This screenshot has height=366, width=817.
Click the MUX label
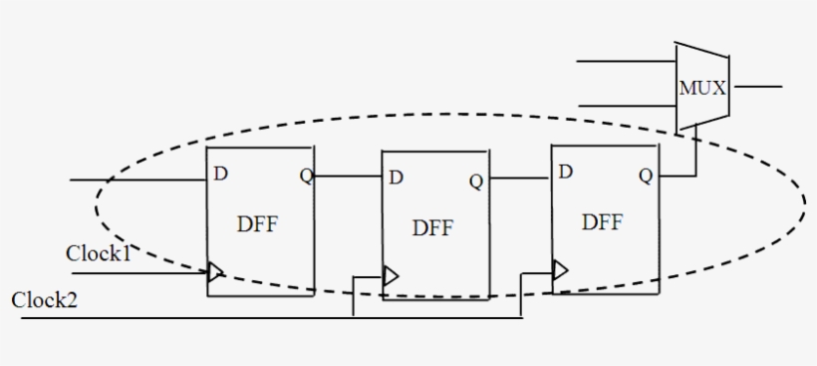coord(703,88)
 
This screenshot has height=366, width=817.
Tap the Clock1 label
coord(99,253)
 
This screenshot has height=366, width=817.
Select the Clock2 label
coord(44,300)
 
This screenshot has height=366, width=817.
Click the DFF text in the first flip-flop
coord(257,223)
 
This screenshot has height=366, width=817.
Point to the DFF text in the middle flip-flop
coord(432,228)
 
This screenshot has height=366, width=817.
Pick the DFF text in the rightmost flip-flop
coord(603,221)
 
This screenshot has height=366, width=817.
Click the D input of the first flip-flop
coord(221,174)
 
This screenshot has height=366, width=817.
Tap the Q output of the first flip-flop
coord(306,177)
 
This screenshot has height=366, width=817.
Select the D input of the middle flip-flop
coord(397,178)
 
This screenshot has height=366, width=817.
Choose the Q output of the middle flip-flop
coord(476,181)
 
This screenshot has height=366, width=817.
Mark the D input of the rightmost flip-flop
coord(566,172)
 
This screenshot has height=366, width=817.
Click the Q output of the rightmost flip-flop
coord(646,176)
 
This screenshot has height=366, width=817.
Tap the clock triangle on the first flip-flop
coord(214,271)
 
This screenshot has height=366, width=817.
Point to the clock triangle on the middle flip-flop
coord(391,275)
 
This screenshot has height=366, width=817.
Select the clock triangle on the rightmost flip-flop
coord(560,269)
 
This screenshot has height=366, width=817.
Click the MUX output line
coord(757,87)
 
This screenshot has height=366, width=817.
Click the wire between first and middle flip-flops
coord(350,177)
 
